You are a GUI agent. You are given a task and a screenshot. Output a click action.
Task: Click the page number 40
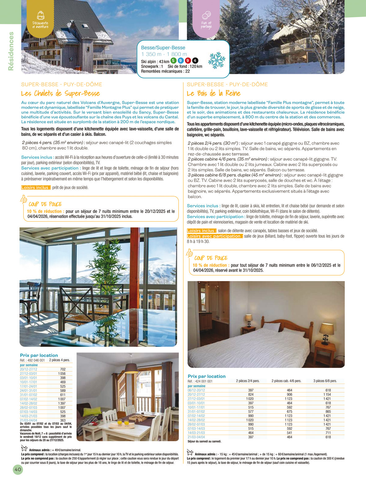coord(18,470)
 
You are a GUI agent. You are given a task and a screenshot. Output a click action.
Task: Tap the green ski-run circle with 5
coord(174,61)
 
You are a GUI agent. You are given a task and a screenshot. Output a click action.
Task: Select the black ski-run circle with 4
coord(195,61)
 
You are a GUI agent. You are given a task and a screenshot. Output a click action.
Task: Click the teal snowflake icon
coord(217,60)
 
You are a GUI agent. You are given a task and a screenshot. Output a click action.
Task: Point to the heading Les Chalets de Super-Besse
coord(60,94)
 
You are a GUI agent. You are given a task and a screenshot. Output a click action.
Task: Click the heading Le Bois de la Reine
coord(214,94)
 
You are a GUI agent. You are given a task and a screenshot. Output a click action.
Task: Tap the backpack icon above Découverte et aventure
coord(41,15)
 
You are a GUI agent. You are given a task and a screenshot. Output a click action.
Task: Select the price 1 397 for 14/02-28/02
coord(62,403)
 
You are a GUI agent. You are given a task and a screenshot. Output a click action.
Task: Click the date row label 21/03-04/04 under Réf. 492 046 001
coord(29,420)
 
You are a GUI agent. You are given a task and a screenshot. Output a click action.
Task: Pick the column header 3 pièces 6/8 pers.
coord(325,381)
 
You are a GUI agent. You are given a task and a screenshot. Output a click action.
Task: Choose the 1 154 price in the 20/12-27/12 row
coord(327,395)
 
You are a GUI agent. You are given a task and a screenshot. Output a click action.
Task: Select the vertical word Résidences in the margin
coord(11,51)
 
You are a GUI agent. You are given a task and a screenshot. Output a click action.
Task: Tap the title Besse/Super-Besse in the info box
coord(163,48)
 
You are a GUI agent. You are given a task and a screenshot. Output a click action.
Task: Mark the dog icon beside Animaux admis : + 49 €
coord(24,448)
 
